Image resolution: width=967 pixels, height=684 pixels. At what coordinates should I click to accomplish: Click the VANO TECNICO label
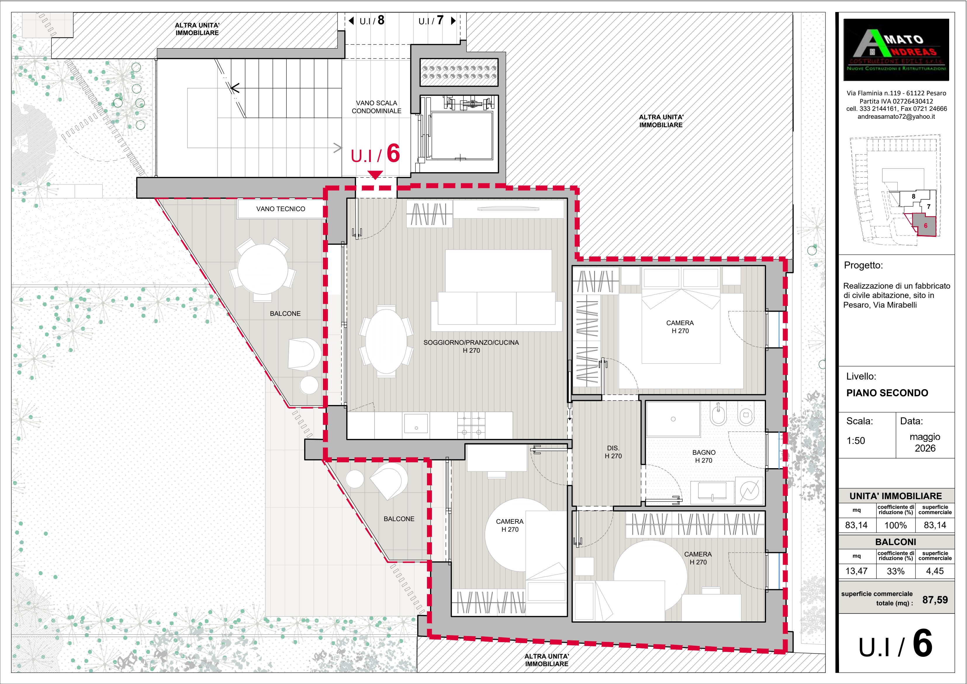tap(281, 209)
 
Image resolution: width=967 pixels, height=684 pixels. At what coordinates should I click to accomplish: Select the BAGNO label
tap(704, 452)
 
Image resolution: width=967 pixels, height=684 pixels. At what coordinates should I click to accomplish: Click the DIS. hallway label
tap(613, 448)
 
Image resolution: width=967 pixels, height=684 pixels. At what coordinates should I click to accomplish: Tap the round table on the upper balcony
tap(263, 269)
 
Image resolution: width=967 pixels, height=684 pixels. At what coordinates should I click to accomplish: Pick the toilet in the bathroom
tap(745, 416)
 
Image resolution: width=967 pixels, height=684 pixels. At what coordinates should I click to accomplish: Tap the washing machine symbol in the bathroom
tap(749, 491)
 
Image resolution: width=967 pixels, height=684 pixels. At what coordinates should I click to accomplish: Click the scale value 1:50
tap(856, 441)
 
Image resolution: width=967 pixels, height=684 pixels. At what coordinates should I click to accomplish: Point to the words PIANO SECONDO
tap(887, 393)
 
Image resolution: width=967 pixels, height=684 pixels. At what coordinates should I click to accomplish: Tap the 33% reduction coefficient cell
tap(895, 571)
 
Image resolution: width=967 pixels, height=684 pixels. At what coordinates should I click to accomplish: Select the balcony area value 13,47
tap(856, 571)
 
